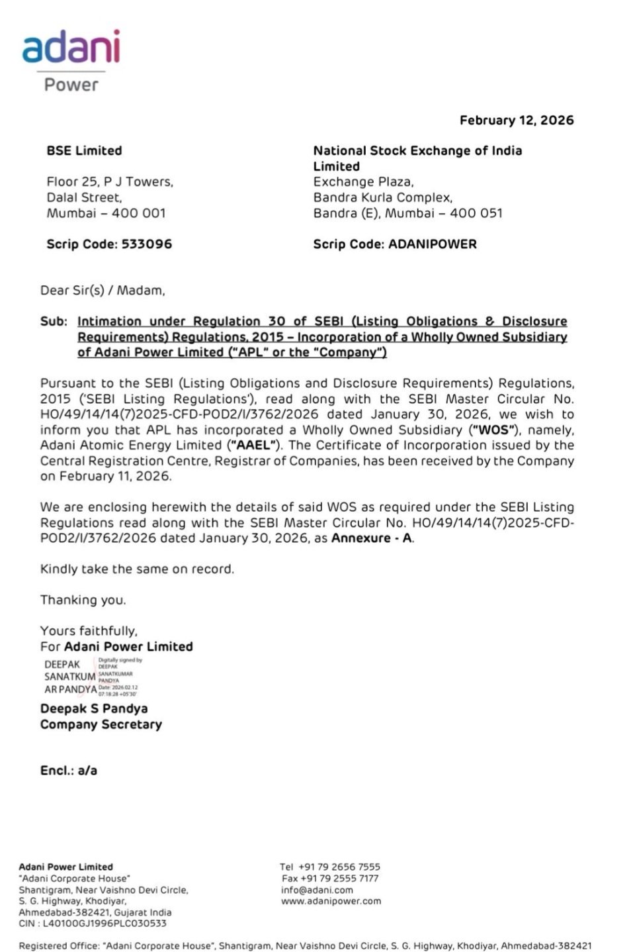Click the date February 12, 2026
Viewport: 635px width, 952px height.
(x=517, y=120)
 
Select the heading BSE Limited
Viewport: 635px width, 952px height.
(x=84, y=151)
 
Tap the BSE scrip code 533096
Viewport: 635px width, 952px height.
(x=146, y=244)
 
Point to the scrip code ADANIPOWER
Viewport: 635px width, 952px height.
(x=432, y=244)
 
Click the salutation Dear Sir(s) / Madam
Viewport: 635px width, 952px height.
(x=103, y=291)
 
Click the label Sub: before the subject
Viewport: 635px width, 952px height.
(x=54, y=322)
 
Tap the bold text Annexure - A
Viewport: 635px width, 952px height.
(x=372, y=538)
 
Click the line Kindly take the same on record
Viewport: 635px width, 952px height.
(x=137, y=569)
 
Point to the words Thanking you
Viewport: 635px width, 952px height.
(x=83, y=600)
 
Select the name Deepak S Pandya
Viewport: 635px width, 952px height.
(x=94, y=709)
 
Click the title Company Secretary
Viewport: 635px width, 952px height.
(x=101, y=725)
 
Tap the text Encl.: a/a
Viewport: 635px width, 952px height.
(x=69, y=771)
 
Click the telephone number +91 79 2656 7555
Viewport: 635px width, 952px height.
(x=339, y=867)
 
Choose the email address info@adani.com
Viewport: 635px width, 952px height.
(x=317, y=890)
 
